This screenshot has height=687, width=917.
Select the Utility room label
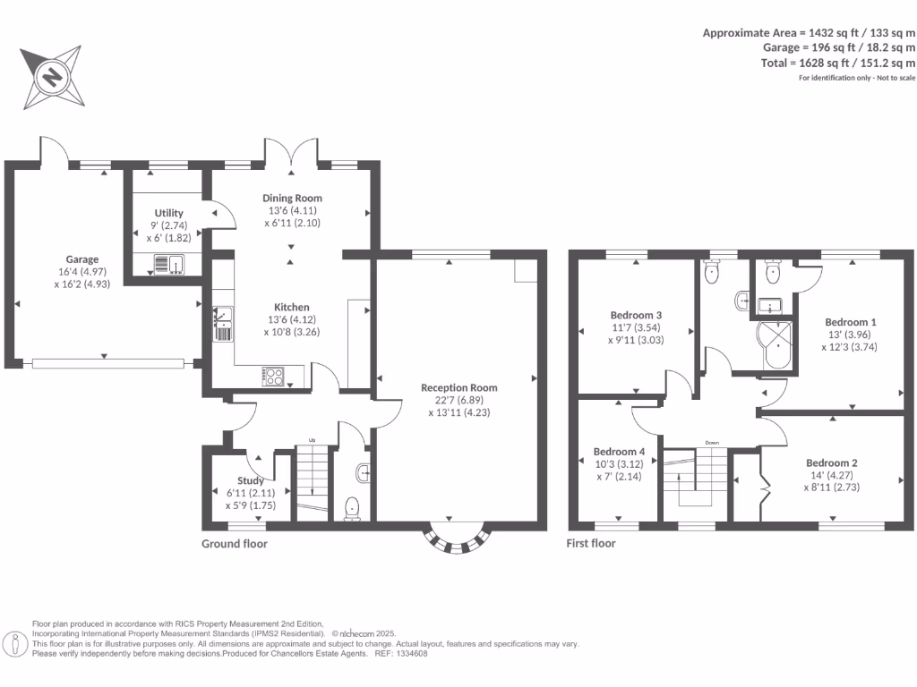click(x=168, y=213)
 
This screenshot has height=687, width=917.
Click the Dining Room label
click(x=292, y=198)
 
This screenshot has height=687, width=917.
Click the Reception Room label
click(x=458, y=387)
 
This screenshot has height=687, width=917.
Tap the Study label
click(x=250, y=480)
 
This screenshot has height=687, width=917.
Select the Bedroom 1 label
click(x=850, y=322)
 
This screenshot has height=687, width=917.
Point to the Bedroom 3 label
click(x=636, y=315)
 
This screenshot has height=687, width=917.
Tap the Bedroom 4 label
click(x=619, y=451)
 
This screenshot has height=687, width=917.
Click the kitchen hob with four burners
click(x=272, y=377)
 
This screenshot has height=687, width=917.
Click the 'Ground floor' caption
click(x=234, y=543)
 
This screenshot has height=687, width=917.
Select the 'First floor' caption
click(x=591, y=543)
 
